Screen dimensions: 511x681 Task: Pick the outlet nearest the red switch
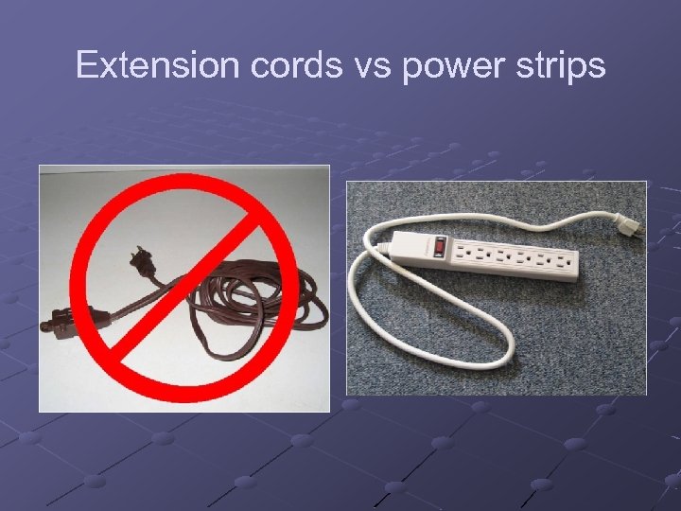(466, 253)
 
